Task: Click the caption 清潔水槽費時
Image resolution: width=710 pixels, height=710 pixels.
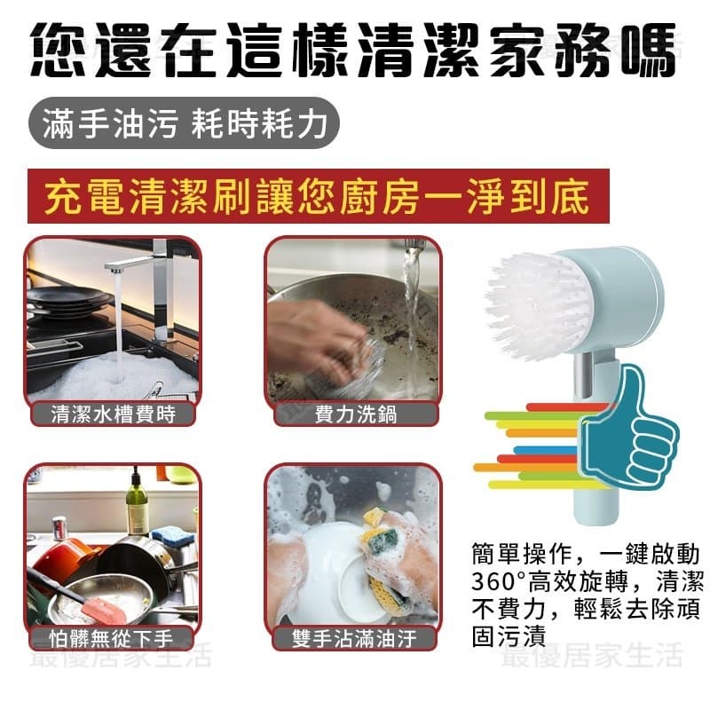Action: (114, 414)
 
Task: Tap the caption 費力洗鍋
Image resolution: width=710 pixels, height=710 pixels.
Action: (356, 414)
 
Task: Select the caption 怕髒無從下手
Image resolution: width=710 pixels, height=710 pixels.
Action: (112, 638)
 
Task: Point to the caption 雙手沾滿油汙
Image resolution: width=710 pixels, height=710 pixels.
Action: (354, 638)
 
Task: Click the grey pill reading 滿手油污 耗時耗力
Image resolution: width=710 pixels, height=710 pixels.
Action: (184, 123)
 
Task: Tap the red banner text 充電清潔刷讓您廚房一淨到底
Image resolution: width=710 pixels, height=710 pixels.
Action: (317, 196)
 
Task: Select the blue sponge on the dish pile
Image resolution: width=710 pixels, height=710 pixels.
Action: (173, 536)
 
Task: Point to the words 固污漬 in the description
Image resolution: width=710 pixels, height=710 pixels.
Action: (509, 635)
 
